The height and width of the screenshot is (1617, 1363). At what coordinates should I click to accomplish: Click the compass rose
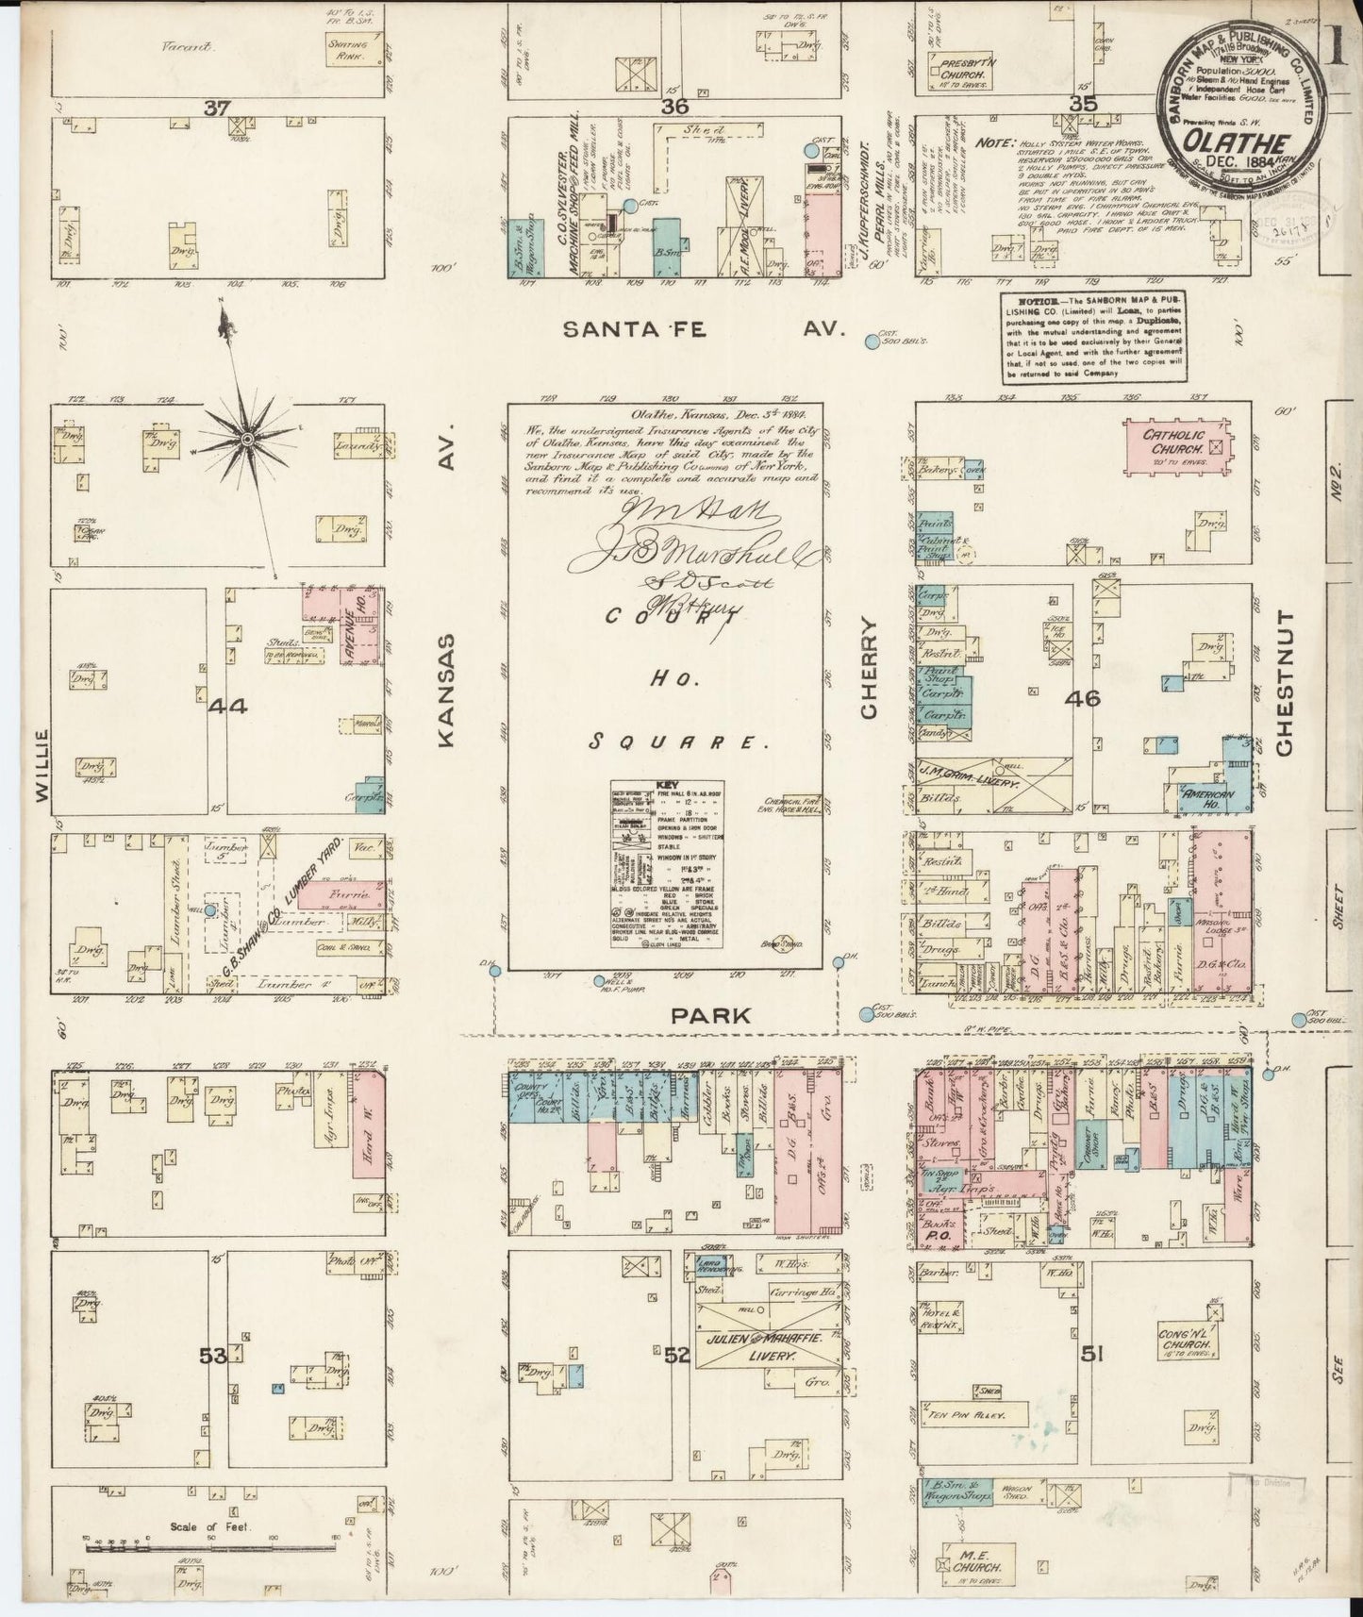pyautogui.click(x=246, y=440)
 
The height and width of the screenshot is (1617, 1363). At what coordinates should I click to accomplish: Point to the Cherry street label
pyautogui.click(x=870, y=667)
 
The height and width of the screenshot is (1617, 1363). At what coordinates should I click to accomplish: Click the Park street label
pyautogui.click(x=699, y=1015)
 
